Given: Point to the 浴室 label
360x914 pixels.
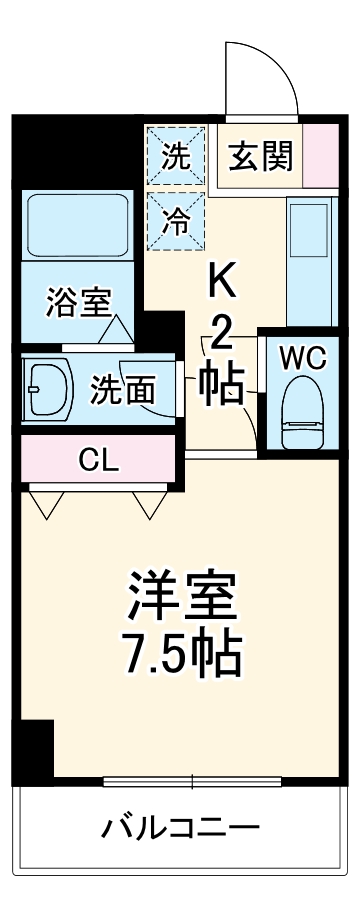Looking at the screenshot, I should (78, 301).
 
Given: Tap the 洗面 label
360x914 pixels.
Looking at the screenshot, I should (123, 389).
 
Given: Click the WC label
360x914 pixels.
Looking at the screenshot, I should (300, 357).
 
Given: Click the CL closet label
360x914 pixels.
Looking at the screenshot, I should (99, 461).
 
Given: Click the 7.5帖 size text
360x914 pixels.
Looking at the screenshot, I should (181, 653).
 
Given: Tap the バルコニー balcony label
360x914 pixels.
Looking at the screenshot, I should (180, 829).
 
